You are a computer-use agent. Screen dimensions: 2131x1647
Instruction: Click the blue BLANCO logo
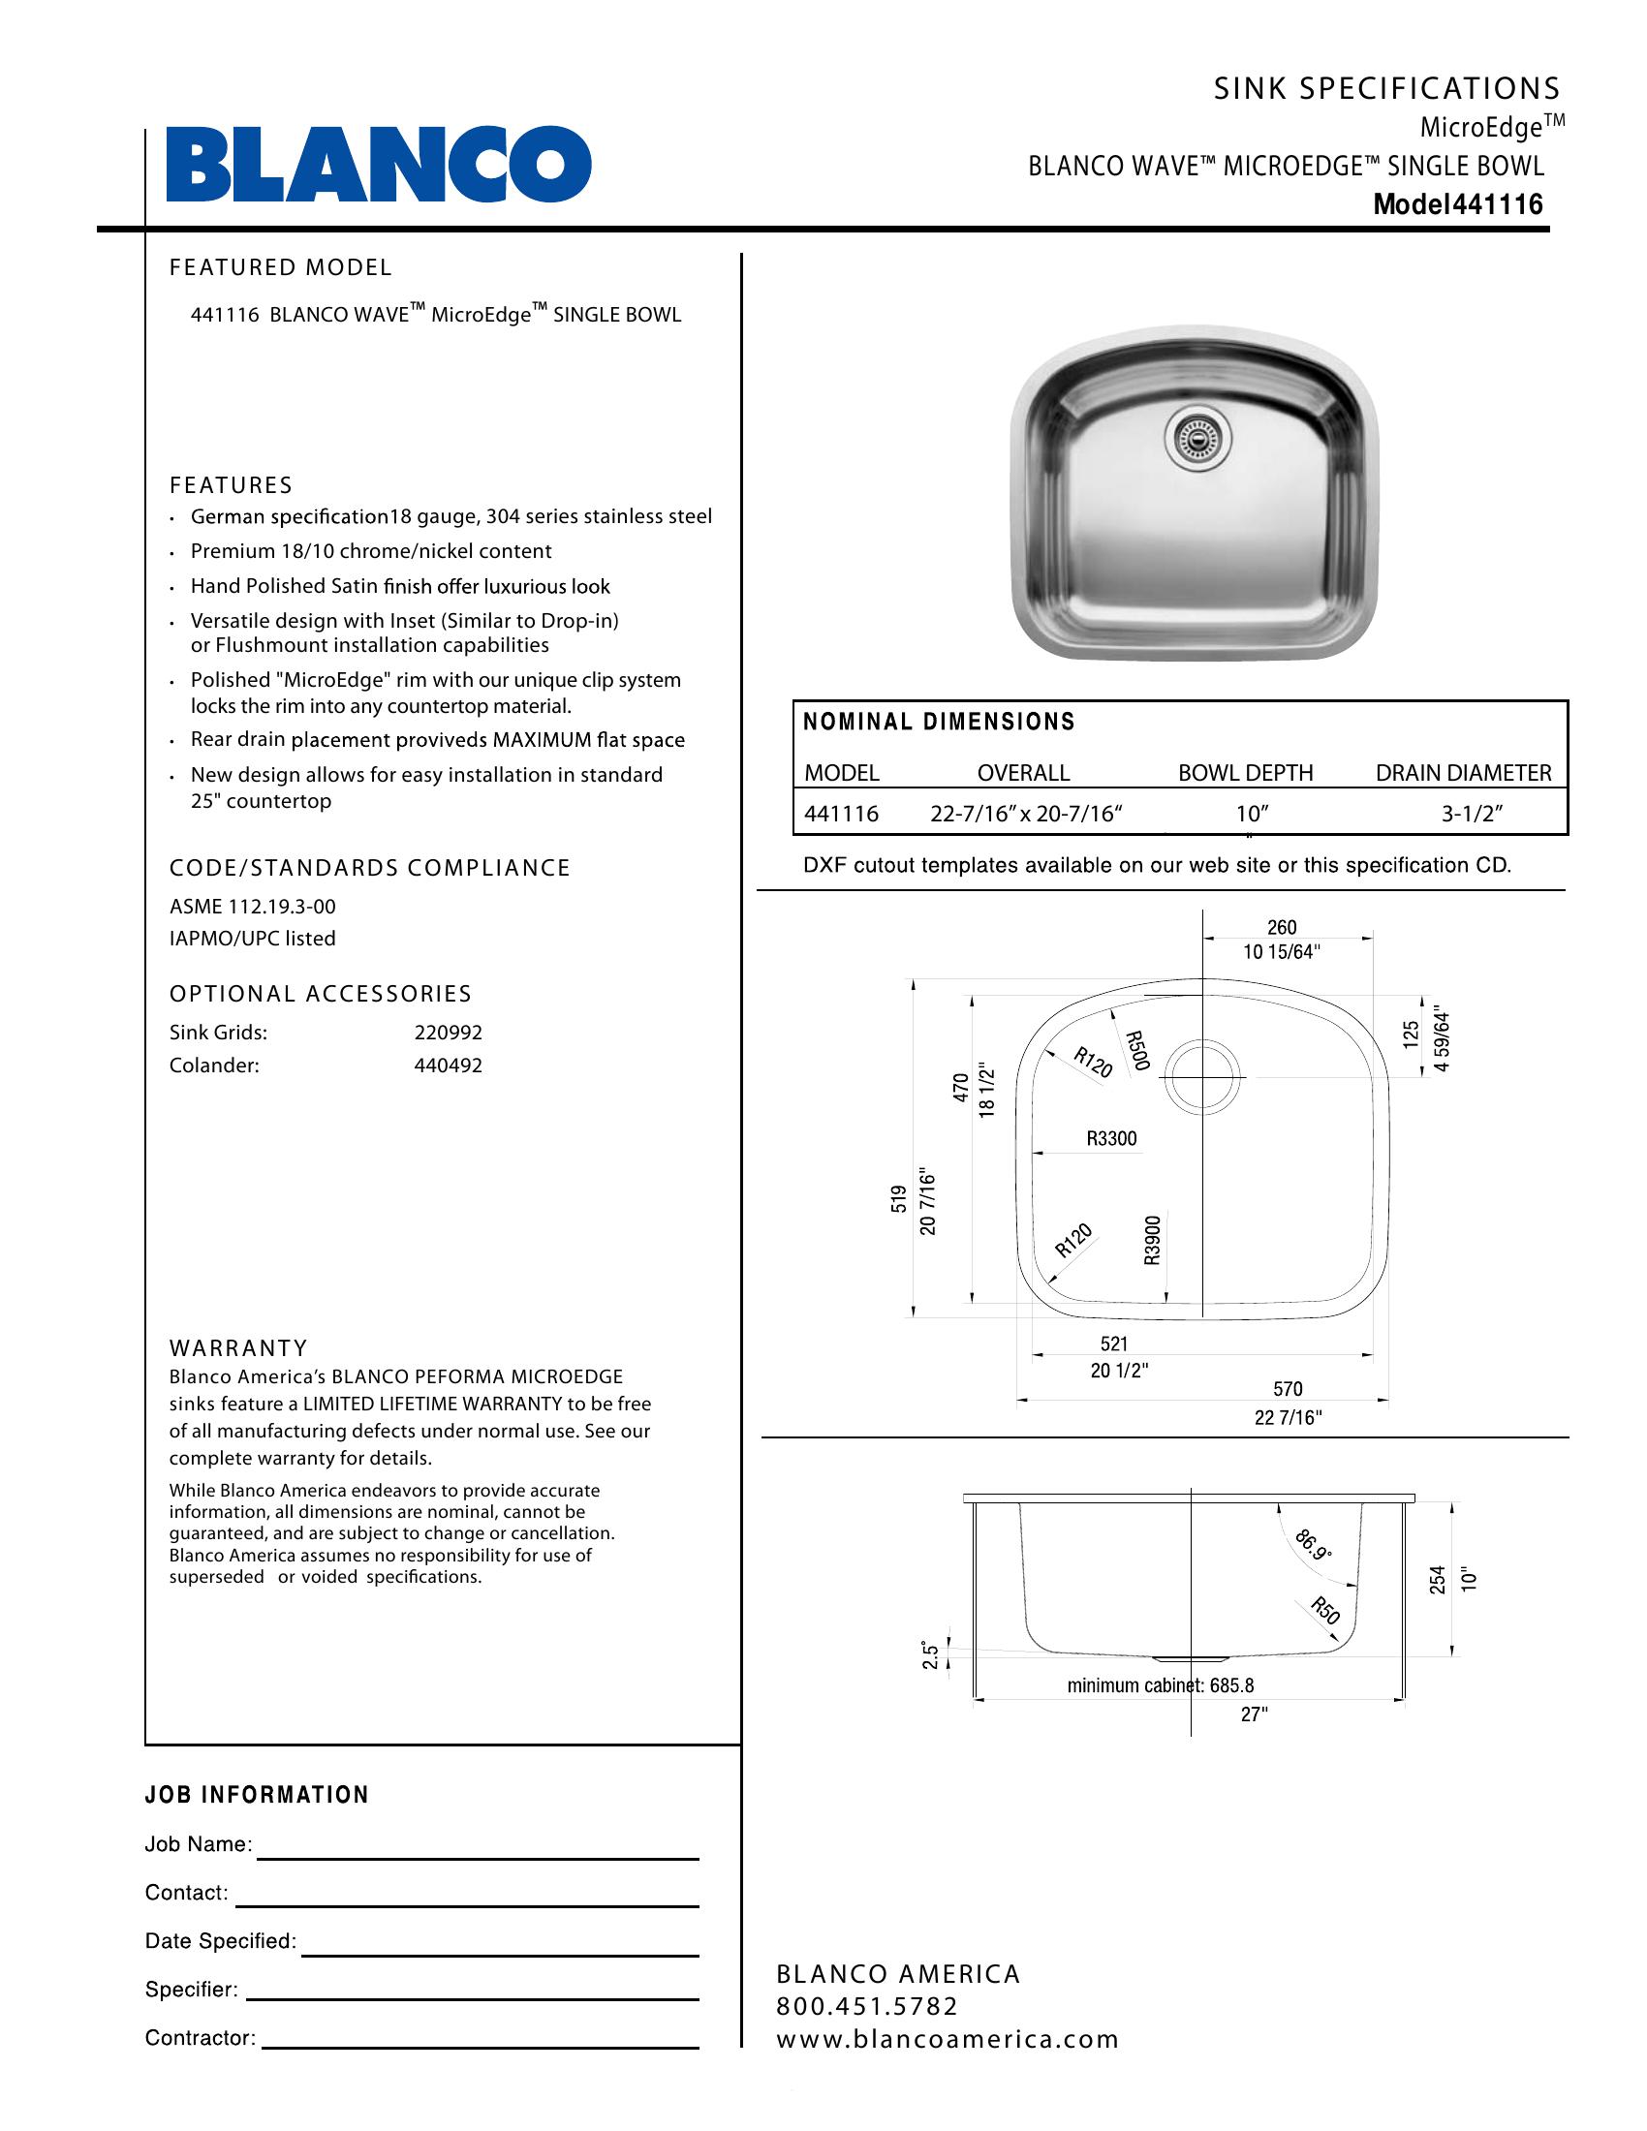379,164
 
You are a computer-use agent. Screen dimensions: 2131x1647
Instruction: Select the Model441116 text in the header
1458,205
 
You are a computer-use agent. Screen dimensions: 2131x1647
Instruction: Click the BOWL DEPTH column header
1245,773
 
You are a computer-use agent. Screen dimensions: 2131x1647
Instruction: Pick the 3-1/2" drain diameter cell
1472,814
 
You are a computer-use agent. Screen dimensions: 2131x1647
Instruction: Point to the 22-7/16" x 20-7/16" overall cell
1026,814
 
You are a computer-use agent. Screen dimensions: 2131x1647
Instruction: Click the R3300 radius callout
1111,1138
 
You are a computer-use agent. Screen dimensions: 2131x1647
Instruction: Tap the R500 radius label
1137,1051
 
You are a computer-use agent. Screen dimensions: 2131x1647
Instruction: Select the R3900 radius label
1152,1240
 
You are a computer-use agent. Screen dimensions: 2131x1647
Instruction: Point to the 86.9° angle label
1314,1546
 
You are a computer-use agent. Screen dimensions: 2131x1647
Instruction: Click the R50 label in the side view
1325,1611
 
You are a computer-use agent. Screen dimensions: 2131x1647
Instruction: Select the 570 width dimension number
1288,1388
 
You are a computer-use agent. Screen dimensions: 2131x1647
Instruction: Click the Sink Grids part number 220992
448,1033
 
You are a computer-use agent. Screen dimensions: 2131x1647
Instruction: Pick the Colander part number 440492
448,1065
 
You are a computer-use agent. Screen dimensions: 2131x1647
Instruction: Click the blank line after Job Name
477,1857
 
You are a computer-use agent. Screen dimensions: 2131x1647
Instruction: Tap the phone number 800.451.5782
867,2006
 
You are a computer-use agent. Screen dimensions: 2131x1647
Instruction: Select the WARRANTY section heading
238,1348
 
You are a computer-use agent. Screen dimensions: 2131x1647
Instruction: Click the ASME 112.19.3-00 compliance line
253,907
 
